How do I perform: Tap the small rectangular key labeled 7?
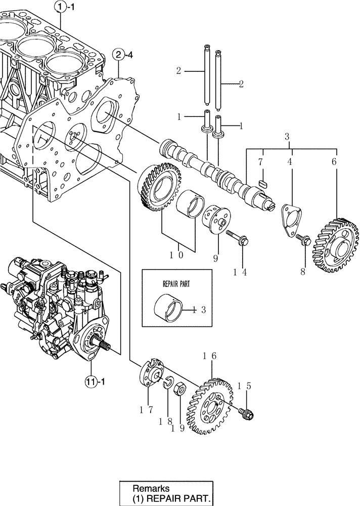[262, 181]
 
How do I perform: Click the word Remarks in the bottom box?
[150, 489]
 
